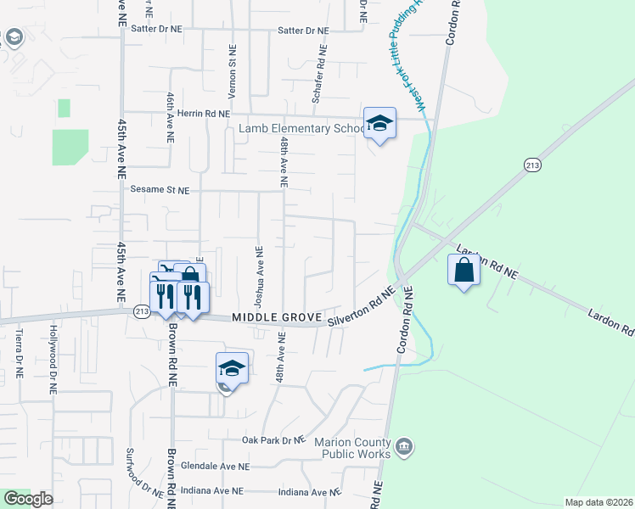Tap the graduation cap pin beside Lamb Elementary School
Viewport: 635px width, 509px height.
[x=379, y=124]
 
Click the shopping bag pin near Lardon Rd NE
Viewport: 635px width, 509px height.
[x=464, y=271]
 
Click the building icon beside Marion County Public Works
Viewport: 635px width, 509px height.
[x=403, y=445]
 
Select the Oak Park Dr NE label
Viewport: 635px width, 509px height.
[x=273, y=440]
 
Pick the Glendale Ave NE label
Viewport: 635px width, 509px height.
[x=219, y=467]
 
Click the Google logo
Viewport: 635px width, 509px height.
[x=28, y=499]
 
